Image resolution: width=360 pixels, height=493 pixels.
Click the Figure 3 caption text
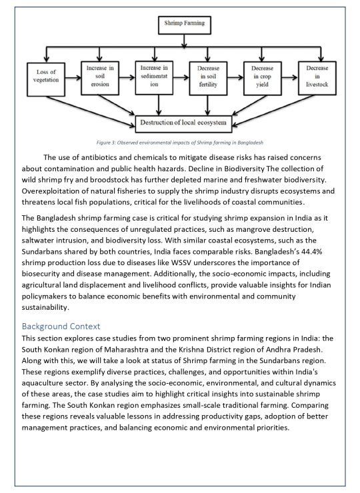pos(180,143)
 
